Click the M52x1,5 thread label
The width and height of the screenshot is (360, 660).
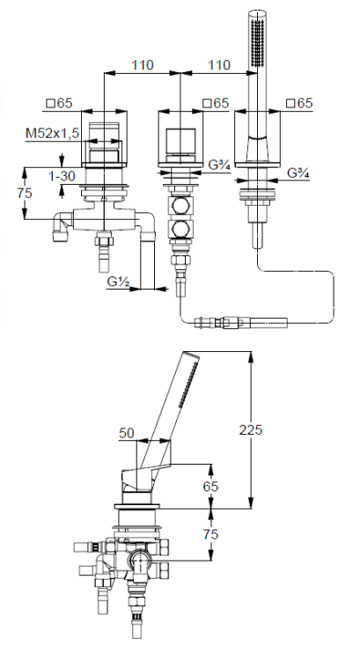tap(52, 134)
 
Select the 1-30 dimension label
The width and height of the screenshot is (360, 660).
tap(62, 176)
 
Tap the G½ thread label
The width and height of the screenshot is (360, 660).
tap(117, 282)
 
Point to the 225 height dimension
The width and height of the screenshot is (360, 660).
tap(251, 429)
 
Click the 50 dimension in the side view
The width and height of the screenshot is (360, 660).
tap(127, 433)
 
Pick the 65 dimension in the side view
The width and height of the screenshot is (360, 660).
tap(210, 486)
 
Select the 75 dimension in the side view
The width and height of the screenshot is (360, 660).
tap(210, 534)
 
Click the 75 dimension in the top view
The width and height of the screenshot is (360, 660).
tap(25, 194)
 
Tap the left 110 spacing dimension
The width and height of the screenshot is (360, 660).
tap(143, 65)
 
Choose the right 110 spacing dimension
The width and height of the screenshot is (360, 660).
tap(219, 65)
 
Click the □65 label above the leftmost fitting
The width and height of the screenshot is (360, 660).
tap(59, 103)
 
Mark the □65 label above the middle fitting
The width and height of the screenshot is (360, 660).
tap(216, 103)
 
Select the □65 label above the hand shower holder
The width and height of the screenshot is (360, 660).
tap(299, 103)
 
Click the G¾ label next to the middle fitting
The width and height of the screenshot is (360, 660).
tap(219, 165)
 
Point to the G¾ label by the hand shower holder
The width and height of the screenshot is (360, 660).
tap(298, 173)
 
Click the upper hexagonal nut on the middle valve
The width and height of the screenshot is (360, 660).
tap(181, 206)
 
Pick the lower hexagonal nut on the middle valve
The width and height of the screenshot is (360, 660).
tap(181, 229)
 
